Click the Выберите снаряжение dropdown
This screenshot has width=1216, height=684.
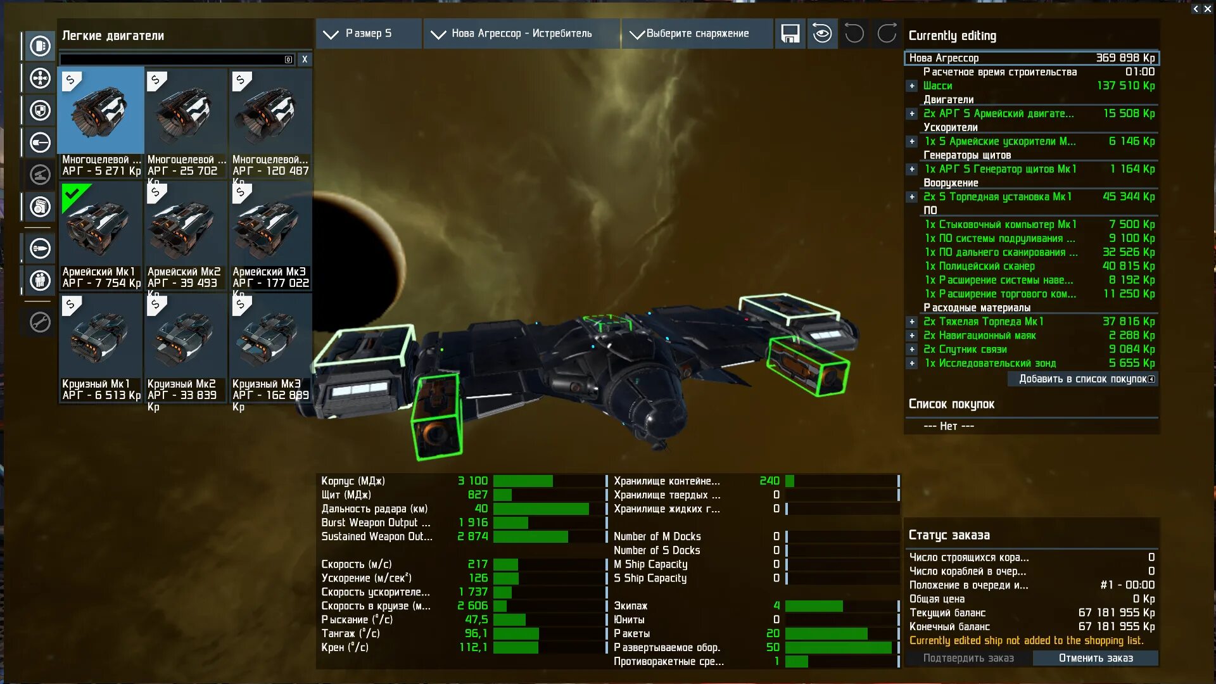pyautogui.click(x=697, y=34)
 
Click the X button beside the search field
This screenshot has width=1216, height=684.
pyautogui.click(x=305, y=60)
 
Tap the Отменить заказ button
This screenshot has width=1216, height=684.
pyautogui.click(x=1096, y=658)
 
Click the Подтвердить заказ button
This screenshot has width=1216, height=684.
pyautogui.click(x=968, y=658)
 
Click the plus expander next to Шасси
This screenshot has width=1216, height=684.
pyautogui.click(x=912, y=86)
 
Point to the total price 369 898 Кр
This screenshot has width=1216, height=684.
pyautogui.click(x=1125, y=58)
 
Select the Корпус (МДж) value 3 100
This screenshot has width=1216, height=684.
pyautogui.click(x=472, y=481)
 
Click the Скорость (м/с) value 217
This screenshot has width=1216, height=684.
pyautogui.click(x=478, y=564)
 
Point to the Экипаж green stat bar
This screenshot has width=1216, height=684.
pyautogui.click(x=814, y=606)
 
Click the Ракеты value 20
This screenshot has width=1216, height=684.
pyautogui.click(x=773, y=633)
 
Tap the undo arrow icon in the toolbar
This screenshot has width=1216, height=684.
pyautogui.click(x=854, y=34)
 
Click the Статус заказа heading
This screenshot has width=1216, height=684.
pyautogui.click(x=949, y=535)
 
